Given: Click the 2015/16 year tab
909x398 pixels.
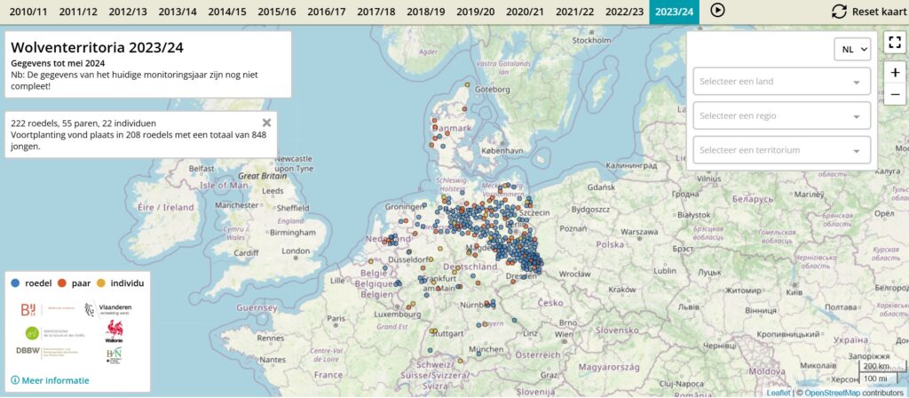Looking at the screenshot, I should [277, 12].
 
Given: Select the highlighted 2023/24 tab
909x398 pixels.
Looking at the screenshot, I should [674, 12].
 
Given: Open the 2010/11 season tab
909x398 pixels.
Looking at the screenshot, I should [28, 12].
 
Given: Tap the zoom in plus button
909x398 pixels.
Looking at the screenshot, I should [894, 73].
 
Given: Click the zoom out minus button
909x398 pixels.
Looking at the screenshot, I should [894, 94].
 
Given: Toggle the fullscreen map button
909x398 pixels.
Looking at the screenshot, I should [894, 42].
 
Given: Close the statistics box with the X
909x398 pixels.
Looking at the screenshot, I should [266, 123].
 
